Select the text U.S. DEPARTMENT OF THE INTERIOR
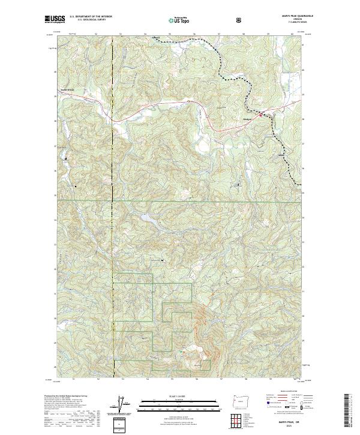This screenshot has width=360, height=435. [91, 17]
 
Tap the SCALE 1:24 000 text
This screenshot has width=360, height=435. [179, 395]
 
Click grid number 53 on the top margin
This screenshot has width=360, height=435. [122, 34]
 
